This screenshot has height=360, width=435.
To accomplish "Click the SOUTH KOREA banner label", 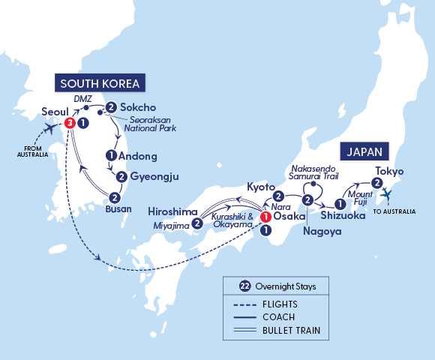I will pyautogui.click(x=99, y=82).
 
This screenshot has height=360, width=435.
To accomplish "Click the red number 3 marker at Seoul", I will pyautogui.click(x=70, y=122).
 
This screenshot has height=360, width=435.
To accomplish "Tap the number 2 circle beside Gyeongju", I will pyautogui.click(x=121, y=177).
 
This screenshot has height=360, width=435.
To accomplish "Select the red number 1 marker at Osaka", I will pyautogui.click(x=265, y=217).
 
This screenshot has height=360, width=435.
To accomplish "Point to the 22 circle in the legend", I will pyautogui.click(x=244, y=286).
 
